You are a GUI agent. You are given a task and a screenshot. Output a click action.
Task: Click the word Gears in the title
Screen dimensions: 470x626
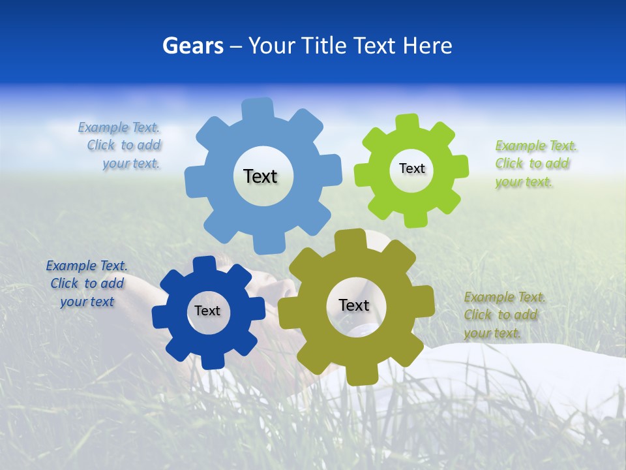coord(192,46)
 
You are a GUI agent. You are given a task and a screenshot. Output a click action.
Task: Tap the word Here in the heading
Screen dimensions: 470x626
coord(428,46)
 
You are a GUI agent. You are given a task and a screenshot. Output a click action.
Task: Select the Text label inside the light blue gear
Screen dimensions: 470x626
coord(260,176)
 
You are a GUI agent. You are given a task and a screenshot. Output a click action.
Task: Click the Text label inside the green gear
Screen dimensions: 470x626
coord(411,168)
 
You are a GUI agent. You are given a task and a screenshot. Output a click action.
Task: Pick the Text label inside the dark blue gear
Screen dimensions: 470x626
coord(207,311)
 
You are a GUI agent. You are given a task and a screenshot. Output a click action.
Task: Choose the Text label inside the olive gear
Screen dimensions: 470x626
coord(354,305)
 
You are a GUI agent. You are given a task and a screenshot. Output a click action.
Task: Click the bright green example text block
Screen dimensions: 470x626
coord(535,164)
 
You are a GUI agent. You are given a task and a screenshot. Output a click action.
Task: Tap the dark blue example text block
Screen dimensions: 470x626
coord(87,283)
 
